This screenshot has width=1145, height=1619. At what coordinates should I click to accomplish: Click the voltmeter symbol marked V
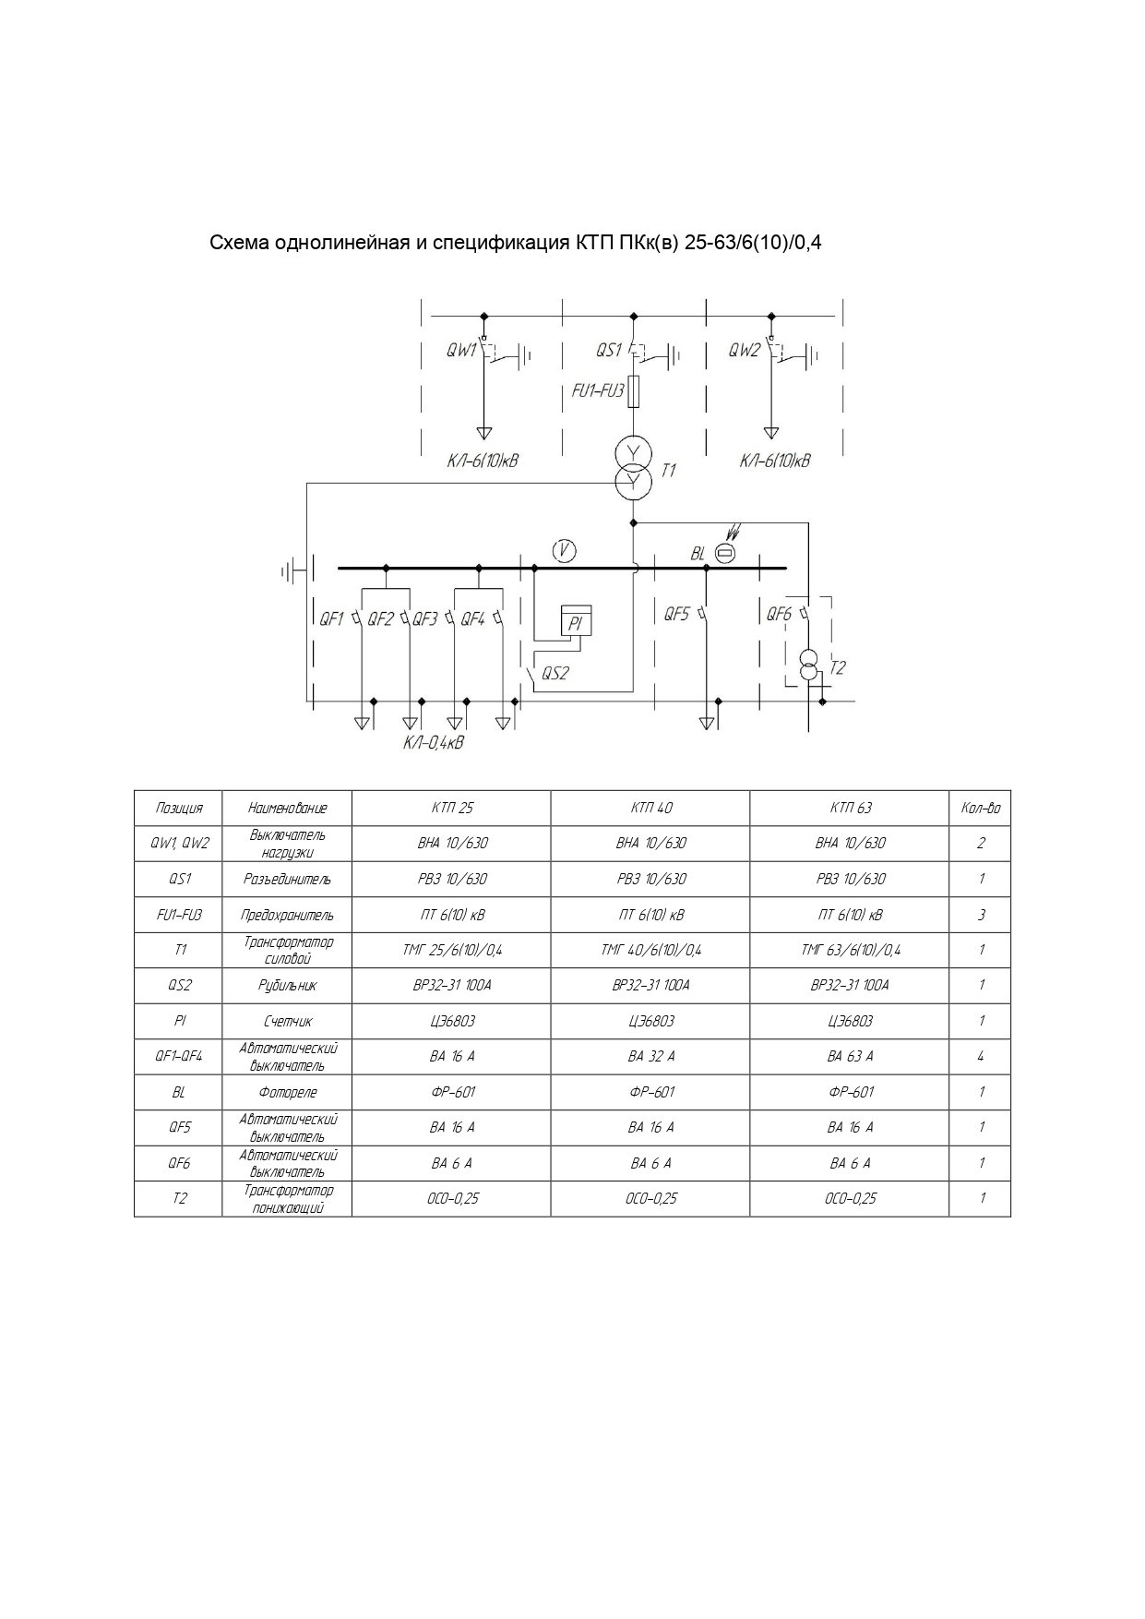564,551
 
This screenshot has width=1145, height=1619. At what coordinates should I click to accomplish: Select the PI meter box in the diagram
576,621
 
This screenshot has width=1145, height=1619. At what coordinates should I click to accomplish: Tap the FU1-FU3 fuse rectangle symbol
633,391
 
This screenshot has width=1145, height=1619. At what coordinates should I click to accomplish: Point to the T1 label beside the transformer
668,471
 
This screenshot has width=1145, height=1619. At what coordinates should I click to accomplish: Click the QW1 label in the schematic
460,351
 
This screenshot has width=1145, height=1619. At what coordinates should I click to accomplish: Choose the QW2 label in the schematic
744,351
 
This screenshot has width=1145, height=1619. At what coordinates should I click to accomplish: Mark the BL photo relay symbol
725,553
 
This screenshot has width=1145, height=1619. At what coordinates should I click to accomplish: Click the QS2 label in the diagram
555,673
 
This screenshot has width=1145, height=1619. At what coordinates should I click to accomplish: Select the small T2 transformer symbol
808,666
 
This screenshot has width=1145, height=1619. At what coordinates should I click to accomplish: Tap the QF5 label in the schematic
676,614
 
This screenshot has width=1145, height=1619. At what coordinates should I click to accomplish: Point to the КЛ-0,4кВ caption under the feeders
434,743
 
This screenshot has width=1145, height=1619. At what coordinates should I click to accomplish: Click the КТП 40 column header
650,808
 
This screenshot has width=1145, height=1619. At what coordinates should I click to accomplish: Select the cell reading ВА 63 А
849,1056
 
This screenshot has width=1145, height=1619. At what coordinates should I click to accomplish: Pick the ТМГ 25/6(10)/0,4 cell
451,950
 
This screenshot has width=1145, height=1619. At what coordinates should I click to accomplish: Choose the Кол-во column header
980,808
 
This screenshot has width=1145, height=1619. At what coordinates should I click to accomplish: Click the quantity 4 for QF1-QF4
980,1056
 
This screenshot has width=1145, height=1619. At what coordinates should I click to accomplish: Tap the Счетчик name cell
287,1021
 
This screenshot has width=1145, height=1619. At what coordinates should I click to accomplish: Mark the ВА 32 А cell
650,1056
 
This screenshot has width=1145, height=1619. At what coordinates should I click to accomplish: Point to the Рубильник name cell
287,985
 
